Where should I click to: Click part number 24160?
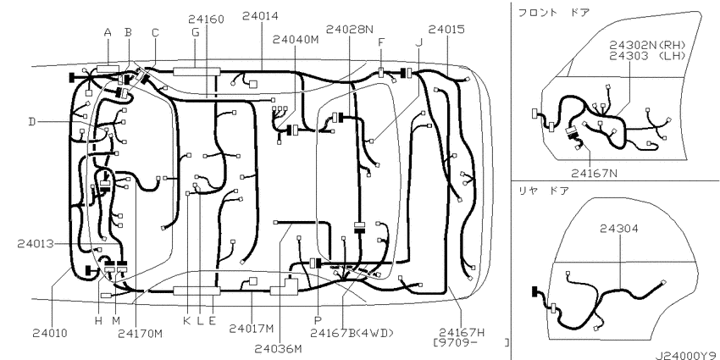(x=206, y=19)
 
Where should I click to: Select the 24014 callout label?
(x=260, y=16)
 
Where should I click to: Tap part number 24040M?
(x=296, y=40)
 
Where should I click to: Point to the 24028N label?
(x=350, y=30)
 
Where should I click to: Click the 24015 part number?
(x=446, y=30)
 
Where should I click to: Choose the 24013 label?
(x=36, y=243)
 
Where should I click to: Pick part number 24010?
(x=50, y=334)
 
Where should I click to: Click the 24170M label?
(x=140, y=334)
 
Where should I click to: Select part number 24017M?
(x=252, y=329)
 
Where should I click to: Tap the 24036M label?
(x=280, y=349)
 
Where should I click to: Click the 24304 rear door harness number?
(x=619, y=229)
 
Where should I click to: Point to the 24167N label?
(x=594, y=173)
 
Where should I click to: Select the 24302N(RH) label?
(x=647, y=45)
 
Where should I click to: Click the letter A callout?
(x=108, y=32)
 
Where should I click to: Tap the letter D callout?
(x=31, y=122)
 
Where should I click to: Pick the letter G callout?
(x=196, y=32)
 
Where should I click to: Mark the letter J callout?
(x=418, y=42)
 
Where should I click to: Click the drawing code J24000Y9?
(x=687, y=356)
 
